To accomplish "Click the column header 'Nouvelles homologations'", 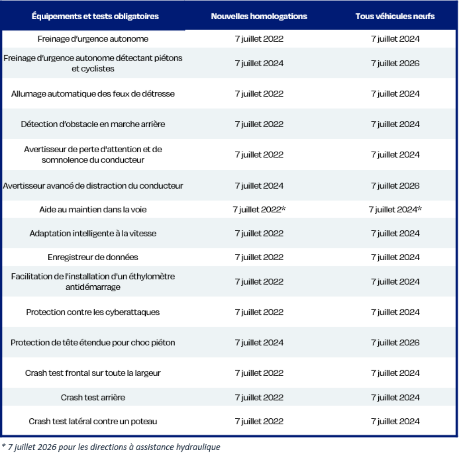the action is [259, 17].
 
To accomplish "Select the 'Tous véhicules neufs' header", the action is [395, 17].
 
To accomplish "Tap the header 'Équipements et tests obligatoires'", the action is [95, 17].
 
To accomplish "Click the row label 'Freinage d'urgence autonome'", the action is [93, 39].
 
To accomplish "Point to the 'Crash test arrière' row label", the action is [93, 397].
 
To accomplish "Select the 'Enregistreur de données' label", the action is [93, 258].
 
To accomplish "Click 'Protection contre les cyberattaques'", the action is [93, 312].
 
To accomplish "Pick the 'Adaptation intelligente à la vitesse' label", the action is [93, 233].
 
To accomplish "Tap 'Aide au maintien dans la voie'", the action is [93, 210].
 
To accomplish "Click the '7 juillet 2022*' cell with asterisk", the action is [259, 210].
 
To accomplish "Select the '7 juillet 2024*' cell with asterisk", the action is [395, 210].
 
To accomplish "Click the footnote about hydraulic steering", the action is [111, 447].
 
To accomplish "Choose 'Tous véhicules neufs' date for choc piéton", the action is [395, 343].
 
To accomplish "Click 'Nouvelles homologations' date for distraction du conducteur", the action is [259, 186].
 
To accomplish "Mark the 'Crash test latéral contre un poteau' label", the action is [93, 422].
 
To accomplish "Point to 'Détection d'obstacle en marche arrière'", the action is [93, 125].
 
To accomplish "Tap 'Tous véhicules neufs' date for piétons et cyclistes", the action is [395, 64].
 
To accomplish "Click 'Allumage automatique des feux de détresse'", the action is [93, 94].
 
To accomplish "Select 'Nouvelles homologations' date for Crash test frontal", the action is [259, 373].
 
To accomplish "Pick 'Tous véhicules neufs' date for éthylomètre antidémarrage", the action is [395, 282].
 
